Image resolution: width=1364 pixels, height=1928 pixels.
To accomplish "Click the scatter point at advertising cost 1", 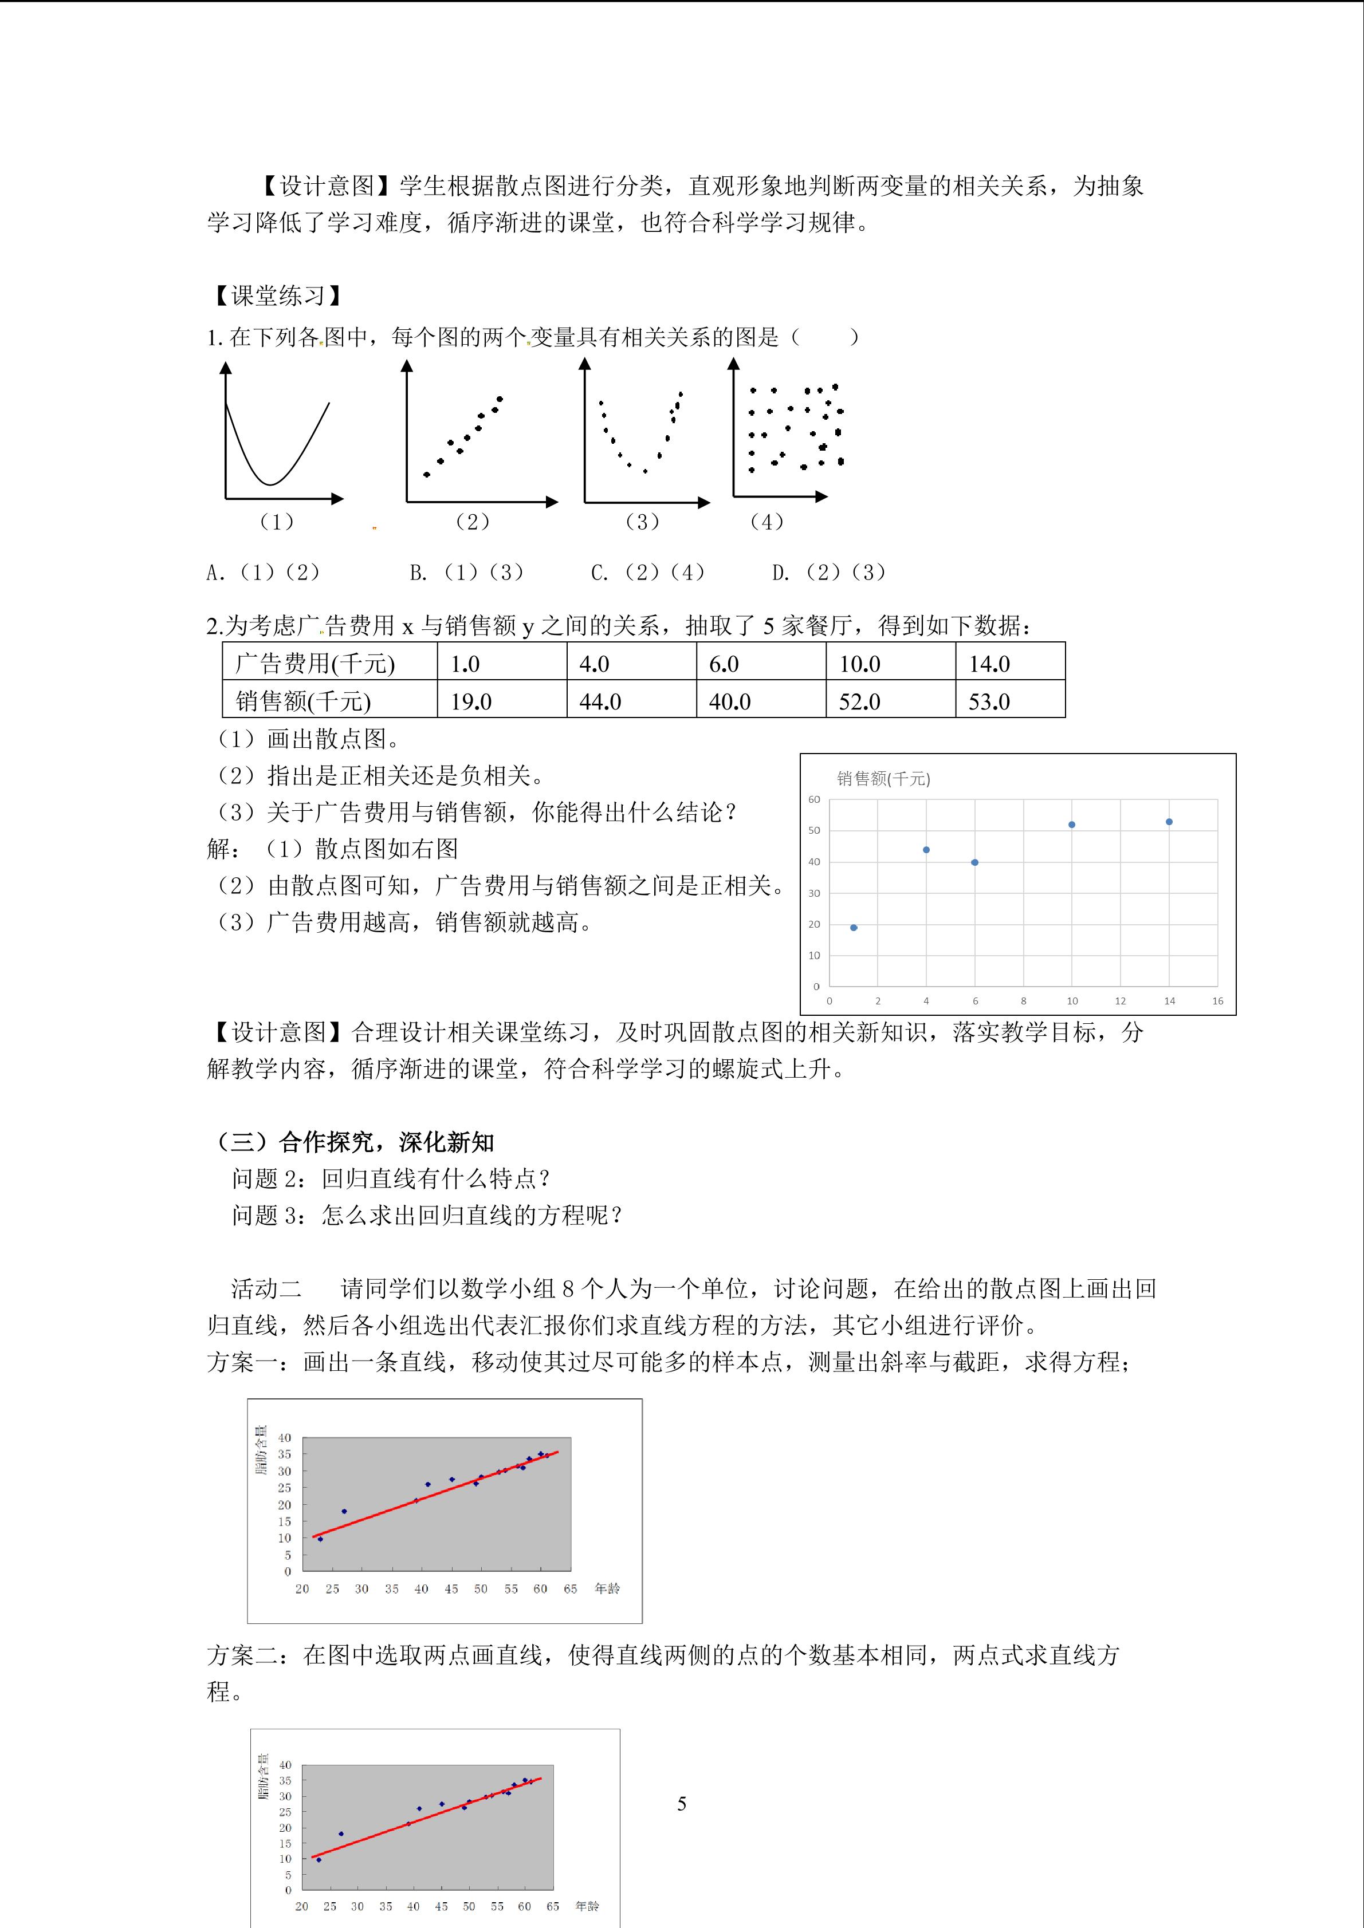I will click(x=854, y=927).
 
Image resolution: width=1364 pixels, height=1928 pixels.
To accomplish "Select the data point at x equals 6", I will click(x=974, y=862).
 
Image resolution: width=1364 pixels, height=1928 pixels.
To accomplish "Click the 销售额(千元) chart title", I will click(x=883, y=778).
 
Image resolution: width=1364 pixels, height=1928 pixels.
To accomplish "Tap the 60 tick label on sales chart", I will click(x=814, y=799).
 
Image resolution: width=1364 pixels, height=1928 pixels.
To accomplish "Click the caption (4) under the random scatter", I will click(x=766, y=522).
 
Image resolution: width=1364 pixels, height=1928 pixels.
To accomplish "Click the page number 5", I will click(x=682, y=1803).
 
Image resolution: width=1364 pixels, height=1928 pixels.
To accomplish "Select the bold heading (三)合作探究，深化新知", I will click(x=355, y=1142).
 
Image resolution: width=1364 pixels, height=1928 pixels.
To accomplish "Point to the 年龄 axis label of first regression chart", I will click(x=607, y=1588).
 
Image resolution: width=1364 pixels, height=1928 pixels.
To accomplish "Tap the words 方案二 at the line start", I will click(x=242, y=1655).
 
